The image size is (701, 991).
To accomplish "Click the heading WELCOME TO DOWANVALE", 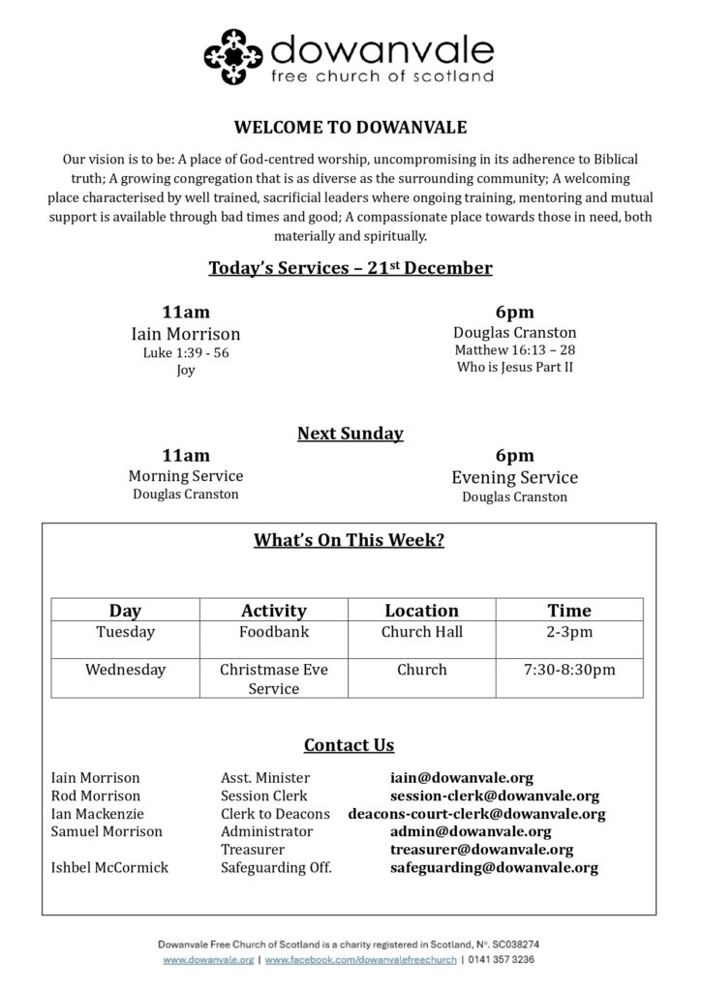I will click(x=350, y=126).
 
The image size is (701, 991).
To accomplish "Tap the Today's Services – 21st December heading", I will click(x=350, y=268).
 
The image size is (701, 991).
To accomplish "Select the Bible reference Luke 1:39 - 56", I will click(x=186, y=353).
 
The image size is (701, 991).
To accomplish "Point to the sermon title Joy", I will click(x=186, y=370).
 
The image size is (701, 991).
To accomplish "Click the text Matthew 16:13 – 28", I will click(x=515, y=350).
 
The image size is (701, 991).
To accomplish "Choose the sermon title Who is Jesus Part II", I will click(x=515, y=368).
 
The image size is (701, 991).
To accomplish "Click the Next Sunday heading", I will click(x=350, y=434).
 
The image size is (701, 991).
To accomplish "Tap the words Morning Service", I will click(x=186, y=476).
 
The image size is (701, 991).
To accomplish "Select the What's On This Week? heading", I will click(x=350, y=540).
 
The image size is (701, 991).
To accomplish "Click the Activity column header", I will click(x=273, y=611).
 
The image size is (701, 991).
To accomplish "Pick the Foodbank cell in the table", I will click(x=273, y=632).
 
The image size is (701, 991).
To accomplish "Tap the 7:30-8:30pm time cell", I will click(x=568, y=670).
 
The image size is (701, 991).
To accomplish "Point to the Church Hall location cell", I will click(x=421, y=632).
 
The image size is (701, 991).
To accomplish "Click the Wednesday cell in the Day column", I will click(x=125, y=670).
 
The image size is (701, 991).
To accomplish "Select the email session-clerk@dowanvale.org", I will click(x=494, y=796).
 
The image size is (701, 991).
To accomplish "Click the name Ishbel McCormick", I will click(x=109, y=867).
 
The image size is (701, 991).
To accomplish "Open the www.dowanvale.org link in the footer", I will click(x=208, y=959).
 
